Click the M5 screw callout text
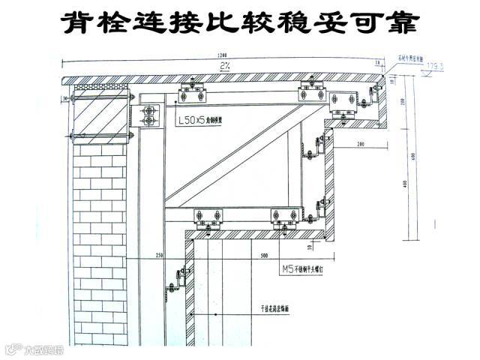coord(299,267)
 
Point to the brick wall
coord(101,240)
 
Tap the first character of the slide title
coord(79,22)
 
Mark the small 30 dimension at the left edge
coord(66,98)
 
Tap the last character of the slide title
coord(401,22)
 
